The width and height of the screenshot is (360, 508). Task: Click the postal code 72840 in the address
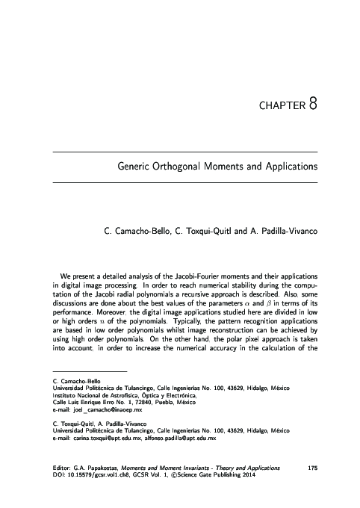[x=158, y=403]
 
